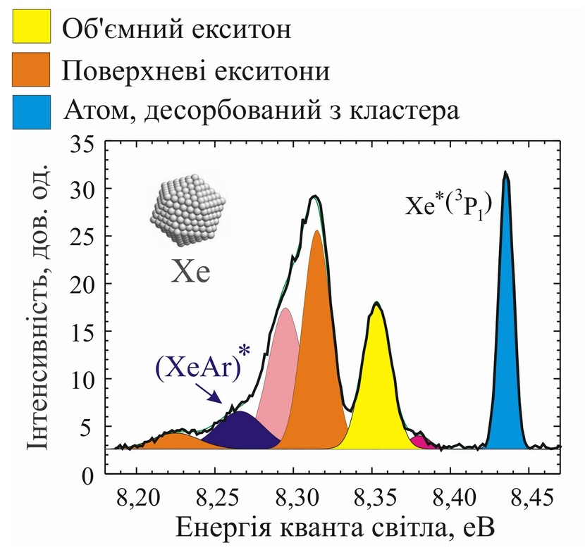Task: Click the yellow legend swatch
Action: pos(30,29)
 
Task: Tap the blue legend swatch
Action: pos(30,111)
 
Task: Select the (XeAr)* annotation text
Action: pos(201,368)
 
